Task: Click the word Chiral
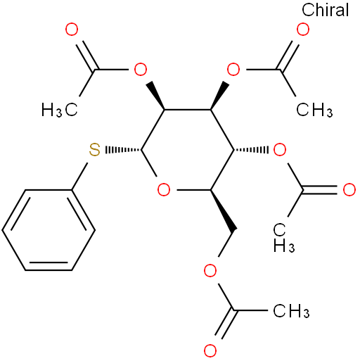pos(326,10)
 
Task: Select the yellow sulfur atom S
pos(94,150)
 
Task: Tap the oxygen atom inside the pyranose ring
pos(164,190)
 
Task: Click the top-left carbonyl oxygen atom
pos(72,30)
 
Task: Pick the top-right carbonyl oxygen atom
pos(303,30)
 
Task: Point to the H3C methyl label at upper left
pos(60,110)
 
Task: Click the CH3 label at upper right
pos(314,110)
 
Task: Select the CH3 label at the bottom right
pos(291,311)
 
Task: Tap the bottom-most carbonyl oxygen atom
pos(210,350)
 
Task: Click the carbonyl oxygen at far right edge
pos(349,190)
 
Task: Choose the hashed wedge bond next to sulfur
pos(123,150)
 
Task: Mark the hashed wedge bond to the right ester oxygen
pos(251,150)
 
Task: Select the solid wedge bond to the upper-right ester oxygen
pos(219,96)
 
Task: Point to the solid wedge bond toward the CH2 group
pos(223,210)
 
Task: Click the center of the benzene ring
pos(49,230)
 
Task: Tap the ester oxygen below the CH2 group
pos(210,270)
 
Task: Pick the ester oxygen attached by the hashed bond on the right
pos(280,150)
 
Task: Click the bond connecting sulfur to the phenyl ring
pos(79,177)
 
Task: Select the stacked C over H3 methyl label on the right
pos(283,237)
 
